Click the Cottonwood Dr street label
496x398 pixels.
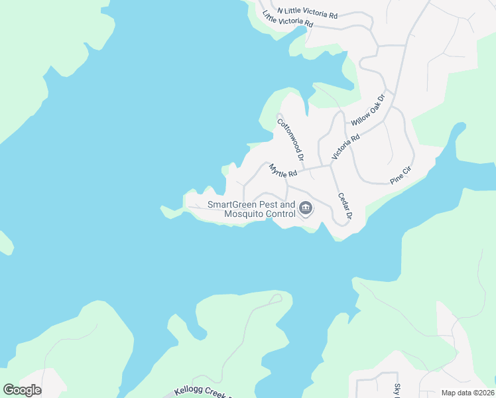pos(290,141)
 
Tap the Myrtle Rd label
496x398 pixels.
pos(282,171)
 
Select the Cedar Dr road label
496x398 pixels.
pos(344,206)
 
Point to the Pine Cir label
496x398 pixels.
pos(401,175)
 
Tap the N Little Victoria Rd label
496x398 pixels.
pos(308,12)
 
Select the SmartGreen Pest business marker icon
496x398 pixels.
pos(306,209)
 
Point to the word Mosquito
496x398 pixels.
pos(245,214)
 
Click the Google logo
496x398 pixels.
pos(22,390)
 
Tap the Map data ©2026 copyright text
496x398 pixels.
pos(467,393)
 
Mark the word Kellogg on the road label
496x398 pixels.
pos(189,392)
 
